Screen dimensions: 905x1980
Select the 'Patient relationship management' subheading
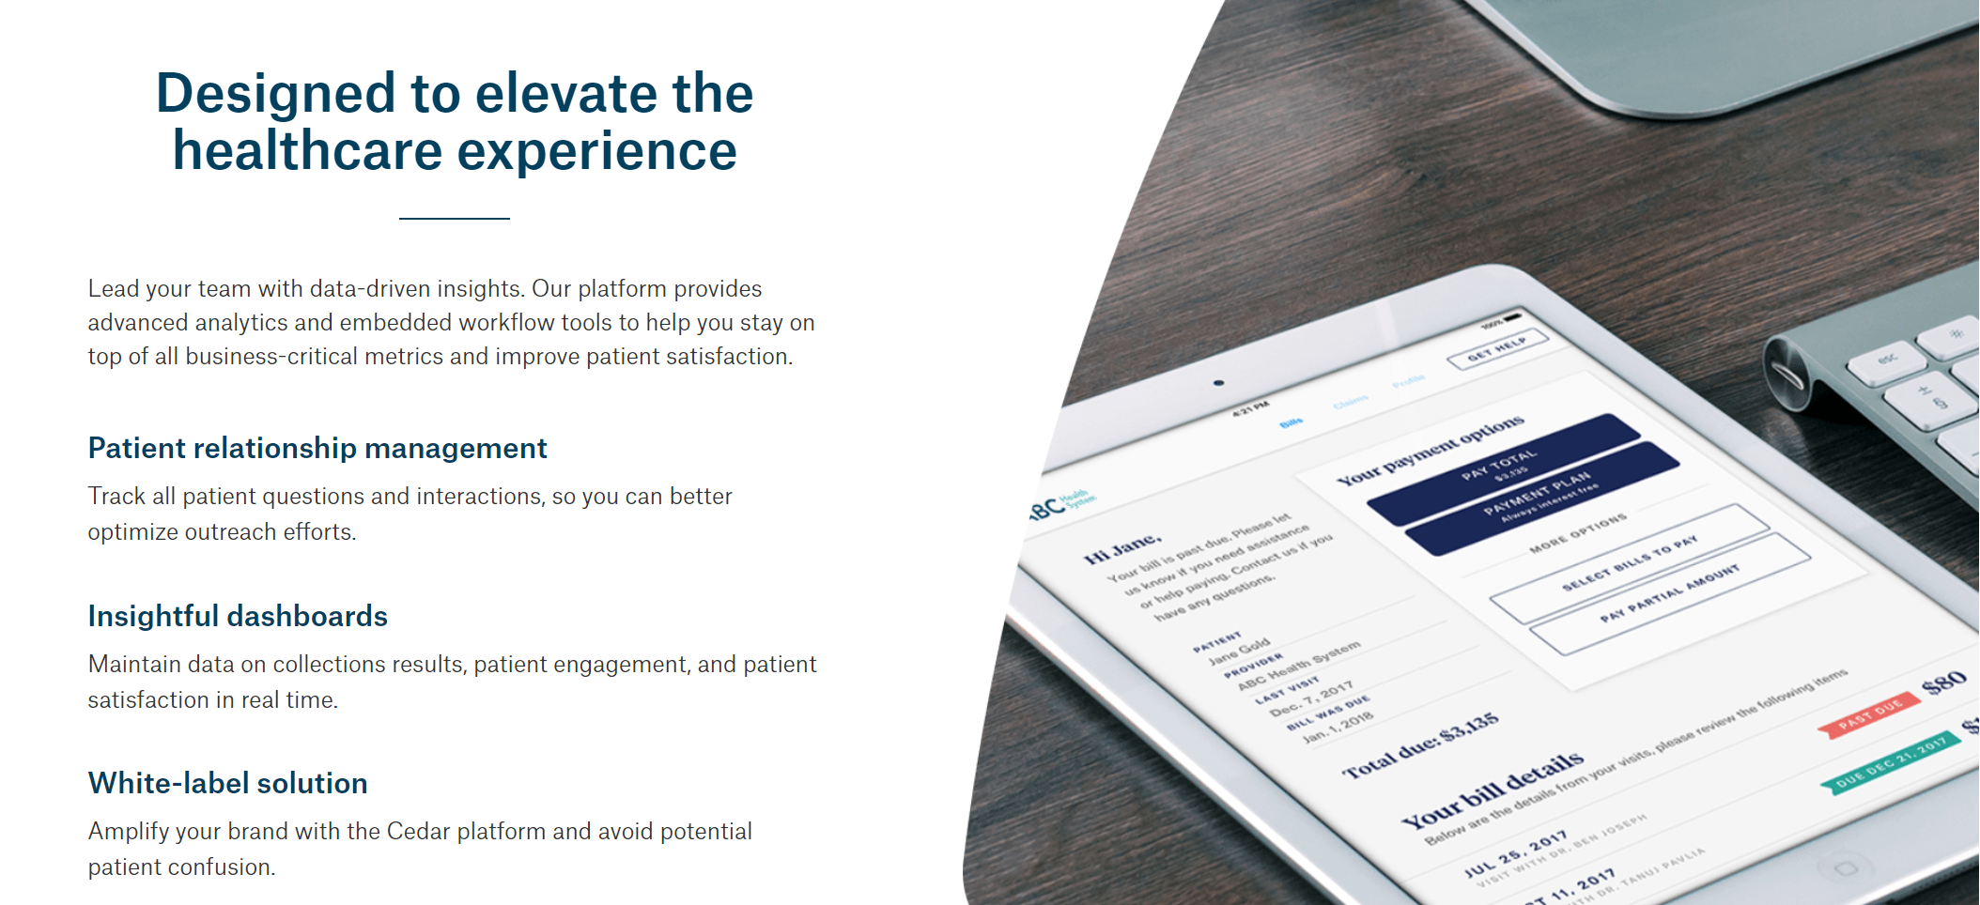pos(317,449)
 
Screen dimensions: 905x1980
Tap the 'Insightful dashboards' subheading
pos(238,617)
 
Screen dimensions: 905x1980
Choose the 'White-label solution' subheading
pos(227,784)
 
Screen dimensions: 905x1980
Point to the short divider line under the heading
pos(454,219)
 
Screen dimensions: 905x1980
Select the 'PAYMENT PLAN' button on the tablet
pos(1540,498)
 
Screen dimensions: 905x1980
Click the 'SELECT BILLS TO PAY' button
pos(1629,563)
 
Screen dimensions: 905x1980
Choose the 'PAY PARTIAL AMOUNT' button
pos(1670,594)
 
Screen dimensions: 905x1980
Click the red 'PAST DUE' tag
pos(1870,714)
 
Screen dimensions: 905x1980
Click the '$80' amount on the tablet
pos(1943,683)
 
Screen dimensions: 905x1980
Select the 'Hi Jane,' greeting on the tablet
pos(1122,549)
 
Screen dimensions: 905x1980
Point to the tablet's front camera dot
pos(1218,383)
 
